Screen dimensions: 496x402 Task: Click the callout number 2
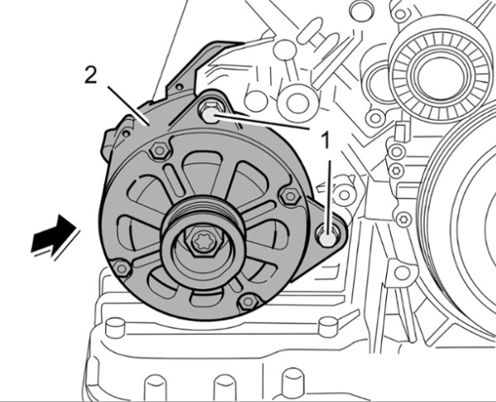[91, 75]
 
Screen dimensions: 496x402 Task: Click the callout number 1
[325, 140]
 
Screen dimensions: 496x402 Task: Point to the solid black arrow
[53, 234]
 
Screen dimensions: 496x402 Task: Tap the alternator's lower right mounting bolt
[327, 235]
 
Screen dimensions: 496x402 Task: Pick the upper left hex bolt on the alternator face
[159, 151]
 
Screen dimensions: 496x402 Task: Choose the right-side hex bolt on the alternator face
[290, 196]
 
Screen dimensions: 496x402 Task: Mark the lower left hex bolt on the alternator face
[121, 269]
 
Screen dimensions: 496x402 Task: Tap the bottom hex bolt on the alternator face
[248, 302]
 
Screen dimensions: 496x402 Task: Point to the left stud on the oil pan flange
[115, 328]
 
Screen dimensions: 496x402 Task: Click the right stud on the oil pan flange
[327, 327]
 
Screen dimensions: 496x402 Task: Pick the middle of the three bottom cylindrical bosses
[225, 389]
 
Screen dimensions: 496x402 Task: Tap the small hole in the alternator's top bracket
[179, 86]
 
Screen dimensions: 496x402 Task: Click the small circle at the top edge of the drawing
[361, 10]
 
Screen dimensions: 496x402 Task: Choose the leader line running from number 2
[128, 105]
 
